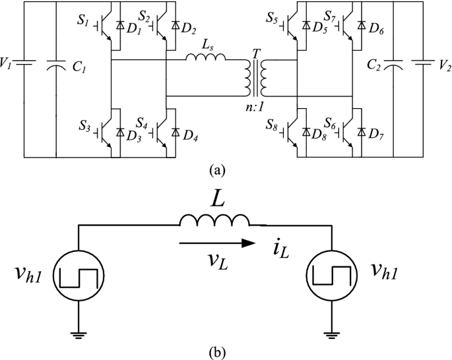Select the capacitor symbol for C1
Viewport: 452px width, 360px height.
56,65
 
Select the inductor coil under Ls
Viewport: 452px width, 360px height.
205,59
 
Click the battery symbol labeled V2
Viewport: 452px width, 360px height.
422,65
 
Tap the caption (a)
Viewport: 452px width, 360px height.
216,170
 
